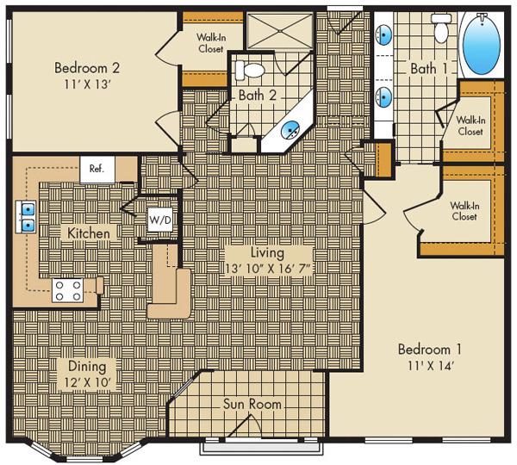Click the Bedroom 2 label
[85, 68]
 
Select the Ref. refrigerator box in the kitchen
[96, 170]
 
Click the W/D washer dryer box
[160, 219]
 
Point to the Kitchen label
[89, 233]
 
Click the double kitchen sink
[28, 216]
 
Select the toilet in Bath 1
[442, 31]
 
